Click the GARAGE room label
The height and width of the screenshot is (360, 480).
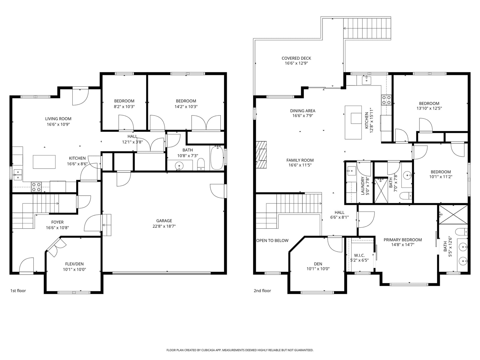click(164, 221)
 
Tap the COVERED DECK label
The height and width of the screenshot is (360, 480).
click(296, 58)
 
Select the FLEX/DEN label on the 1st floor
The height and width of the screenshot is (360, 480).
click(74, 264)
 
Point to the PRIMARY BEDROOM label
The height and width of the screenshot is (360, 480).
click(403, 240)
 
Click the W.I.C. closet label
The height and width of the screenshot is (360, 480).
click(359, 255)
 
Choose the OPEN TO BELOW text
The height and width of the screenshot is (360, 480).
click(272, 240)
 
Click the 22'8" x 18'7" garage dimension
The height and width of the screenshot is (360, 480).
click(164, 226)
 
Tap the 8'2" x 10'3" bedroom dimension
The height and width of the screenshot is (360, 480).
click(124, 106)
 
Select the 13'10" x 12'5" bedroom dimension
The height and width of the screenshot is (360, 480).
click(429, 108)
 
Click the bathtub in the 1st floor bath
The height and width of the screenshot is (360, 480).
click(217, 158)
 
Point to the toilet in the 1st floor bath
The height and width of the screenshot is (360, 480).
click(201, 164)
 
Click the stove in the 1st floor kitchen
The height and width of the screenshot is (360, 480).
click(36, 187)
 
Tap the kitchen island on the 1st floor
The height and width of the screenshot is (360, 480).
click(44, 162)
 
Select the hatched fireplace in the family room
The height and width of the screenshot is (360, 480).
click(261, 155)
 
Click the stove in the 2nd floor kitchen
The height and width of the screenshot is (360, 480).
click(386, 100)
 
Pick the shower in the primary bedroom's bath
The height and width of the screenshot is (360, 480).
click(453, 214)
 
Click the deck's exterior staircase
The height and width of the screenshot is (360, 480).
click(367, 28)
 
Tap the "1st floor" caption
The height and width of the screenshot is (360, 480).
click(18, 291)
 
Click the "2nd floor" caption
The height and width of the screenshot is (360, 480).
click(262, 291)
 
